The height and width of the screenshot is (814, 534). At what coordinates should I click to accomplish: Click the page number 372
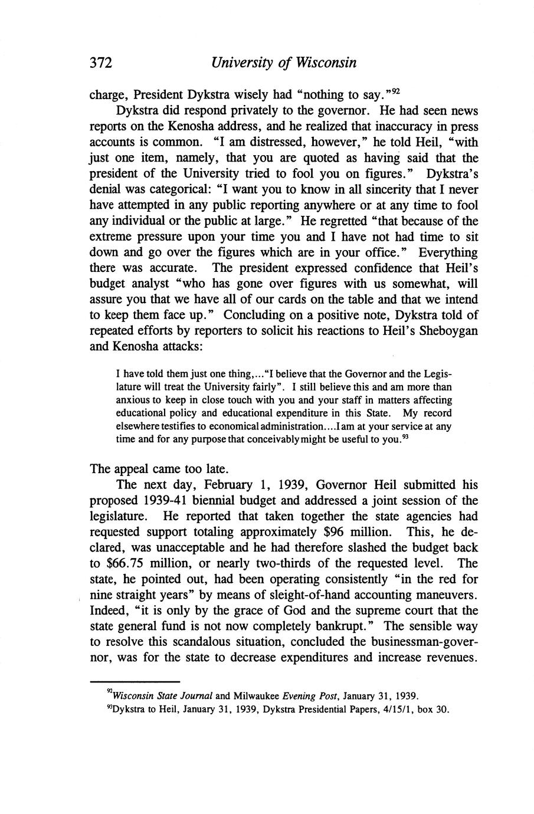pyautogui.click(x=101, y=63)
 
